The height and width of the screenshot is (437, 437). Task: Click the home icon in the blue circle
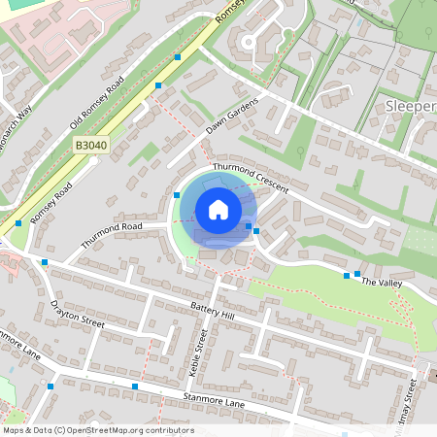[x=218, y=210]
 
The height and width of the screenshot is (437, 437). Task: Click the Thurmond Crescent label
[x=251, y=178]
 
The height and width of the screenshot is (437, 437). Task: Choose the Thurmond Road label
[x=112, y=235]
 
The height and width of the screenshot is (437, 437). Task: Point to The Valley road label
[x=381, y=282]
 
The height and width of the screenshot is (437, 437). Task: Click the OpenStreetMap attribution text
[x=98, y=429]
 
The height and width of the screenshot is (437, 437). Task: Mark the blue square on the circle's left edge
[x=177, y=195]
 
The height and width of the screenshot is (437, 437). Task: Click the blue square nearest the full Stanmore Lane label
[x=134, y=387]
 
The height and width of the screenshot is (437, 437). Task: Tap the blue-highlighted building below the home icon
[x=221, y=234]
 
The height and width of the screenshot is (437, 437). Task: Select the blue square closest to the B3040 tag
[x=158, y=85]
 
